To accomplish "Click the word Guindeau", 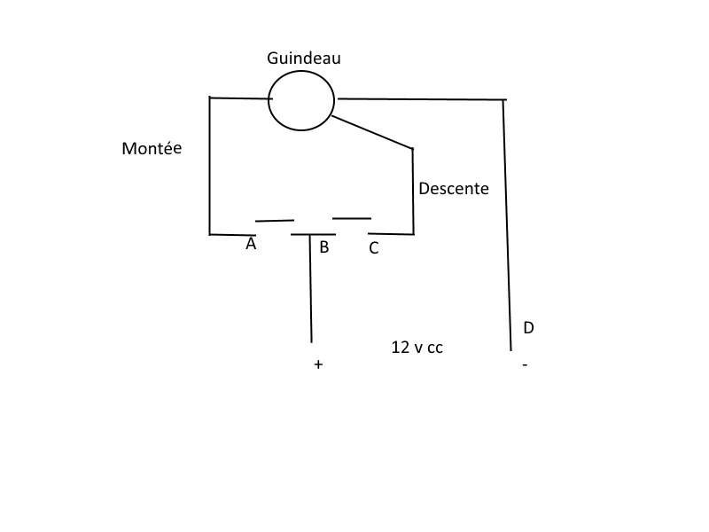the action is (303, 59).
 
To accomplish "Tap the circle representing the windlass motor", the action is (269, 100).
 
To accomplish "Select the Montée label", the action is (152, 148).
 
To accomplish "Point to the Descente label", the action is (454, 189).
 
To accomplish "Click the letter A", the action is (251, 244).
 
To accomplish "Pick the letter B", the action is (324, 247).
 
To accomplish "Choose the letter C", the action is (373, 248).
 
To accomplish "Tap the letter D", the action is (528, 327).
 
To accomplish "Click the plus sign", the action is (318, 364).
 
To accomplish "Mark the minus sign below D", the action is (525, 364).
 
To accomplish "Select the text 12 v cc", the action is (417, 348).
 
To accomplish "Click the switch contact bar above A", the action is (275, 221).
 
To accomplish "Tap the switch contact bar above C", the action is (352, 218).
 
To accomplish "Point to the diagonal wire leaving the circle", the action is (372, 132).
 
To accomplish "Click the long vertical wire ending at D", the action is (507, 225).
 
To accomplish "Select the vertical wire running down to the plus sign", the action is (311, 289).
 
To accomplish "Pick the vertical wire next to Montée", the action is (210, 166).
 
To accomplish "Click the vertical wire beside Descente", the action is (413, 192).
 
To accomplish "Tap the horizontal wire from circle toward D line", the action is (423, 98).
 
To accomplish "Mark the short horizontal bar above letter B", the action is (313, 234).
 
